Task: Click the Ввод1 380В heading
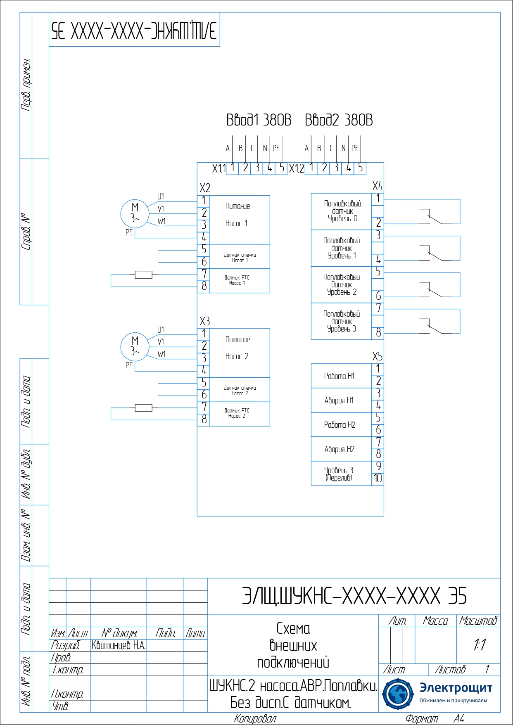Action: click(x=259, y=120)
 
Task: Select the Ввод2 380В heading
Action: click(x=339, y=120)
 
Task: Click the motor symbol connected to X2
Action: click(x=134, y=213)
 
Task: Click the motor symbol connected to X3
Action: click(x=134, y=346)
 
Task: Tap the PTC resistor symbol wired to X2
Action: click(x=143, y=275)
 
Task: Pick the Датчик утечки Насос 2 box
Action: click(x=240, y=390)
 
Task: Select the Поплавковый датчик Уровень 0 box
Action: click(x=342, y=211)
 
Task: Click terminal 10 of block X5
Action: click(x=378, y=479)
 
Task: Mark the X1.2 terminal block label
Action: click(x=296, y=168)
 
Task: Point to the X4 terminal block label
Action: click(x=377, y=186)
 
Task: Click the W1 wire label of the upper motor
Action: click(x=161, y=221)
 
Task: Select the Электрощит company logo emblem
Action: click(x=397, y=694)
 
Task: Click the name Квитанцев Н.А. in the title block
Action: click(x=119, y=645)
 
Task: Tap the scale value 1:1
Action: click(x=480, y=644)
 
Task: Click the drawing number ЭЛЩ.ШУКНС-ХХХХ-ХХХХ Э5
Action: click(x=354, y=596)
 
